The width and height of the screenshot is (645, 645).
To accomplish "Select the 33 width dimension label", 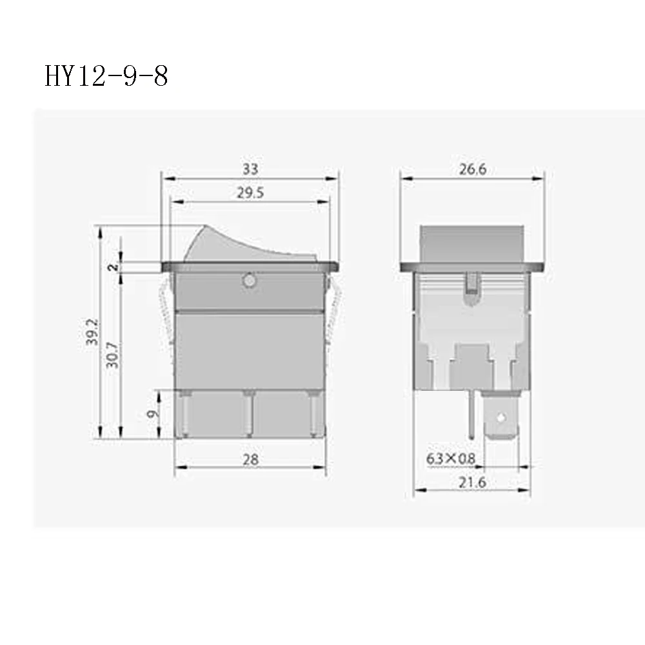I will tap(250, 169).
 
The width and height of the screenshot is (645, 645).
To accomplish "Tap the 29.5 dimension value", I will tap(250, 193).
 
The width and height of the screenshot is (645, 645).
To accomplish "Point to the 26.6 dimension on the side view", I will tap(472, 169).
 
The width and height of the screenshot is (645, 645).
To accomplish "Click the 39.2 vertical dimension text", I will tap(93, 332).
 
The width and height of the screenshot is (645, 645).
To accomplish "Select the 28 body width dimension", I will tap(250, 459).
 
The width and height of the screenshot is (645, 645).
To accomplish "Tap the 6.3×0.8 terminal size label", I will tap(450, 459).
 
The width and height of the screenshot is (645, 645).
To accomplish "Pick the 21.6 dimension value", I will tap(471, 482).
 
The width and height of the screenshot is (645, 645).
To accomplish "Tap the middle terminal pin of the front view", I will tap(248, 413).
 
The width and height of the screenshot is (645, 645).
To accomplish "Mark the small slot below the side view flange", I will tap(471, 283).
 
